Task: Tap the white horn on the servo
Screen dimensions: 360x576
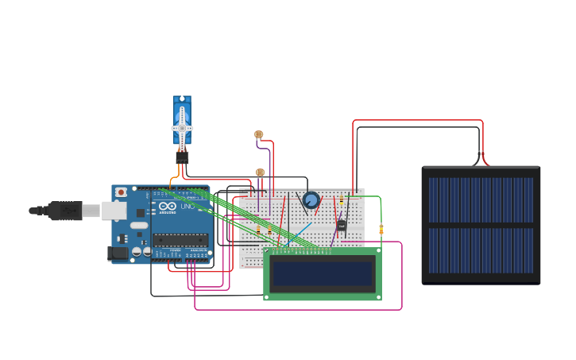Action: (182, 128)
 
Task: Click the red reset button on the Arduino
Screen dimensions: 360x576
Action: (121, 192)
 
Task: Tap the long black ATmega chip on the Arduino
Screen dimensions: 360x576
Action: (180, 240)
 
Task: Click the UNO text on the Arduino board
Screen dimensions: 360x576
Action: (187, 206)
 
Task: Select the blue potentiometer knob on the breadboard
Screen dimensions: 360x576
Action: (311, 200)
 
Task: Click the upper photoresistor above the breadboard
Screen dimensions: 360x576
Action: (258, 134)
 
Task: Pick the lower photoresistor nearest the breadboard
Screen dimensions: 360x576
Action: (260, 172)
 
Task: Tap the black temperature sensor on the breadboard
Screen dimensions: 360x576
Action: (342, 226)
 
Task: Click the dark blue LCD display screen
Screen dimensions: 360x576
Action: (323, 274)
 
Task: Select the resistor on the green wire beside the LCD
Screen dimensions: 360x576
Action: (381, 230)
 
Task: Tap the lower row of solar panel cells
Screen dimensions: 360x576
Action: (481, 250)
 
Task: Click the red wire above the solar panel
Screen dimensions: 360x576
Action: (417, 121)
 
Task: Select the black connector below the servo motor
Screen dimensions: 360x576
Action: (182, 157)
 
